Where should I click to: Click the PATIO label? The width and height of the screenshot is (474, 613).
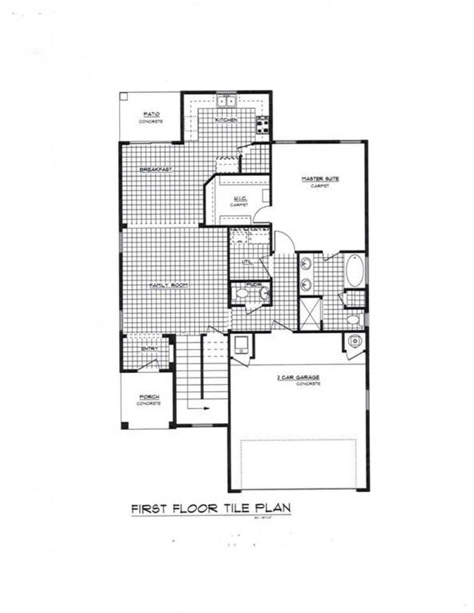click(151, 114)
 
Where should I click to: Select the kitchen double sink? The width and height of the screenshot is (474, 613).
click(227, 100)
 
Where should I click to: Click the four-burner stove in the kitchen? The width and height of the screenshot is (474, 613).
click(263, 124)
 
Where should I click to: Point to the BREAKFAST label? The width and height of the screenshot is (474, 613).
click(156, 170)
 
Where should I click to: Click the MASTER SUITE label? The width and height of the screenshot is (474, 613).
click(320, 179)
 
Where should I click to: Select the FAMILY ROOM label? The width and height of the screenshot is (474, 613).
click(168, 285)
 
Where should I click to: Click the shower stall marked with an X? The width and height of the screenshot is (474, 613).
click(309, 314)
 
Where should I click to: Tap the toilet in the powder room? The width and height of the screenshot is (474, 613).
click(241, 293)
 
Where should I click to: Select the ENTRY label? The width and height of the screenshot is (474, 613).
click(150, 348)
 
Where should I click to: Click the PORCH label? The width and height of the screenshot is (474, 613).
click(149, 397)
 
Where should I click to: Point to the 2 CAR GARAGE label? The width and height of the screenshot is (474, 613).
click(298, 378)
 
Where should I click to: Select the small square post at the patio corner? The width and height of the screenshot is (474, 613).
click(124, 96)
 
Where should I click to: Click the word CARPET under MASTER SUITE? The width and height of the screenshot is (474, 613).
click(320, 186)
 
